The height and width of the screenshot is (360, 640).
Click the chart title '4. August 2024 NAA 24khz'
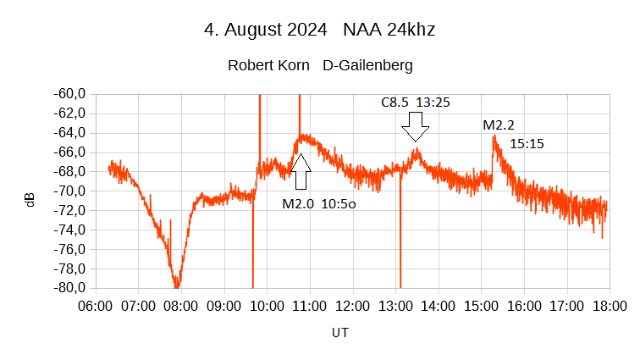pyautogui.click(x=319, y=30)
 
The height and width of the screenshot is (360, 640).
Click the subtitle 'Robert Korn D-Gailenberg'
pyautogui.click(x=319, y=65)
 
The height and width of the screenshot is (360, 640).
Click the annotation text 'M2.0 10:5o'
pyautogui.click(x=319, y=203)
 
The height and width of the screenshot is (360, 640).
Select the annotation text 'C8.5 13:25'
pyautogui.click(x=415, y=102)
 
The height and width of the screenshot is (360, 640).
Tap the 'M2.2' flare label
pyautogui.click(x=499, y=125)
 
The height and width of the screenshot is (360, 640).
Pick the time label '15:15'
pyautogui.click(x=527, y=144)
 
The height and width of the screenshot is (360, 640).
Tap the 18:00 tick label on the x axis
pyautogui.click(x=608, y=305)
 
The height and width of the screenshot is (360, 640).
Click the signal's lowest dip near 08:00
pyautogui.click(x=177, y=285)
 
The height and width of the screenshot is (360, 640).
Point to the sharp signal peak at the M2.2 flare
pyautogui.click(x=494, y=136)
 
